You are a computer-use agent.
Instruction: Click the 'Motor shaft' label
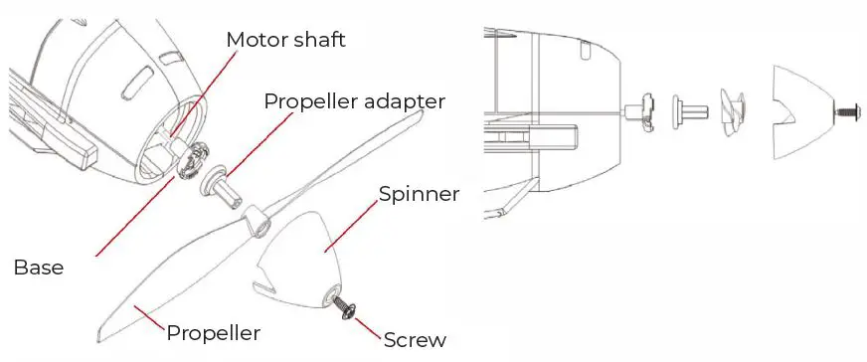(287, 40)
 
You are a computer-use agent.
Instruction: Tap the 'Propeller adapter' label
(354, 101)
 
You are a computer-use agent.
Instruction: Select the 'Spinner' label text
(419, 194)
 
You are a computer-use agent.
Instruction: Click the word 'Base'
(39, 268)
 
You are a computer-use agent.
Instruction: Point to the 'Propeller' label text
(213, 332)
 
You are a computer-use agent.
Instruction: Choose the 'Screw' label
(415, 339)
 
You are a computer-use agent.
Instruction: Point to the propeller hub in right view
(732, 109)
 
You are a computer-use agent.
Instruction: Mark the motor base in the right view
(640, 110)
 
